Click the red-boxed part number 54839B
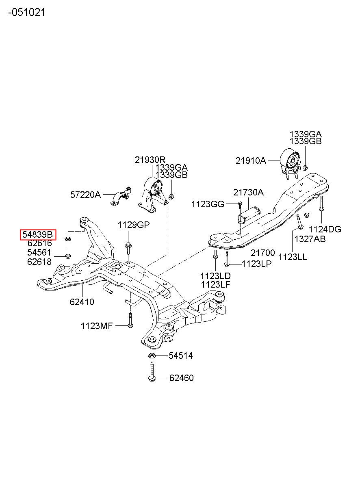pyautogui.click(x=37, y=235)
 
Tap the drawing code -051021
pyautogui.click(x=26, y=12)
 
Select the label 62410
pyautogui.click(x=82, y=302)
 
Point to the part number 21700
pyautogui.click(x=263, y=253)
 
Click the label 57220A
pyautogui.click(x=85, y=195)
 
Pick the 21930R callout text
pyautogui.click(x=150, y=160)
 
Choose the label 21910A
pyautogui.click(x=251, y=161)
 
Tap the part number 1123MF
pyautogui.click(x=97, y=326)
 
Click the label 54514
pyautogui.click(x=180, y=355)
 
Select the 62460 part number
pyautogui.click(x=182, y=378)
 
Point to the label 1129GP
pyautogui.click(x=134, y=225)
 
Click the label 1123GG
pyautogui.click(x=208, y=204)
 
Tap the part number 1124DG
pyautogui.click(x=325, y=229)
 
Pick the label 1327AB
pyautogui.click(x=310, y=239)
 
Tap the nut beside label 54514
pyautogui.click(x=151, y=355)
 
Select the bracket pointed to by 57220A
pyautogui.click(x=121, y=196)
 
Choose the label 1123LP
pyautogui.click(x=256, y=264)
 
